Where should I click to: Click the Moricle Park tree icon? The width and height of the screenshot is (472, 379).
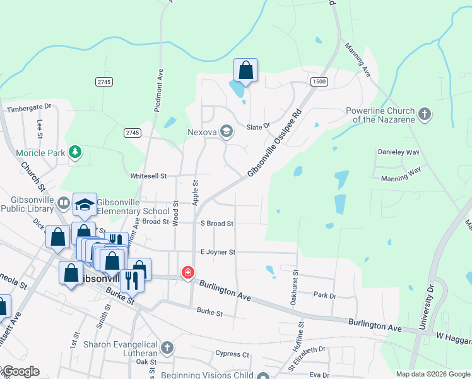(x=75, y=152)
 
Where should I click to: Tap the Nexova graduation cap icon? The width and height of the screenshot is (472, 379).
(x=227, y=131)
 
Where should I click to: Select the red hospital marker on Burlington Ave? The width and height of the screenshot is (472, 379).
(x=187, y=273)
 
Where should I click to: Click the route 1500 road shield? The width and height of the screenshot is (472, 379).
(x=319, y=81)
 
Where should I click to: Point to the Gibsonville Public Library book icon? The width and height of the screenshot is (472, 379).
(x=63, y=203)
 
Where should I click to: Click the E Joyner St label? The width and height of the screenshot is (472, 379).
(x=218, y=252)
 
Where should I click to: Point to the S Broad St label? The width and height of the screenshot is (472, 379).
(x=217, y=224)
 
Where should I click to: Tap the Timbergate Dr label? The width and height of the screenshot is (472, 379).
(x=28, y=109)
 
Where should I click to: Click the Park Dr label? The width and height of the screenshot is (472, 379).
(x=325, y=295)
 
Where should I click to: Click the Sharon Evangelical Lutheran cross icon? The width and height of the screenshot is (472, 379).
(x=167, y=347)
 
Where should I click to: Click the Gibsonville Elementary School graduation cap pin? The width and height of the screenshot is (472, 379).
(x=85, y=204)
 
